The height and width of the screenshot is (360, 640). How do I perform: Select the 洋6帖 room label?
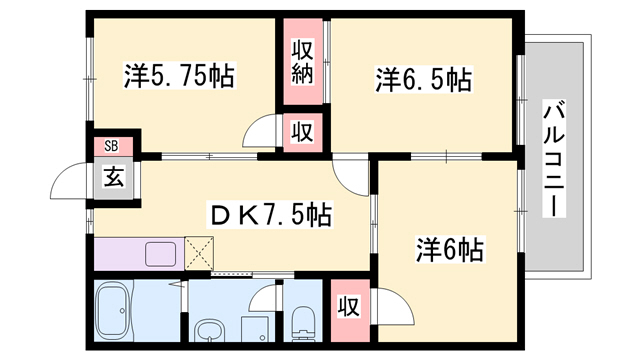point(449,249)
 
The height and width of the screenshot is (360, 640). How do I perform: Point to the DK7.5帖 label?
point(267,213)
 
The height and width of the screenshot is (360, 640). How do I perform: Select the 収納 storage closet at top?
point(304,62)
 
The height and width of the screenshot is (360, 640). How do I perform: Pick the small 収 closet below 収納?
point(303,130)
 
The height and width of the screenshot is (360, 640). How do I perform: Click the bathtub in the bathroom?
point(123,311)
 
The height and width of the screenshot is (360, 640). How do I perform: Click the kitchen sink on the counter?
point(161,254)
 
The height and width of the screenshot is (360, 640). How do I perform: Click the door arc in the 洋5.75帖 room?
point(261,130)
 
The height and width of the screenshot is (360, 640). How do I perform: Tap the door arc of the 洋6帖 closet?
point(397,306)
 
